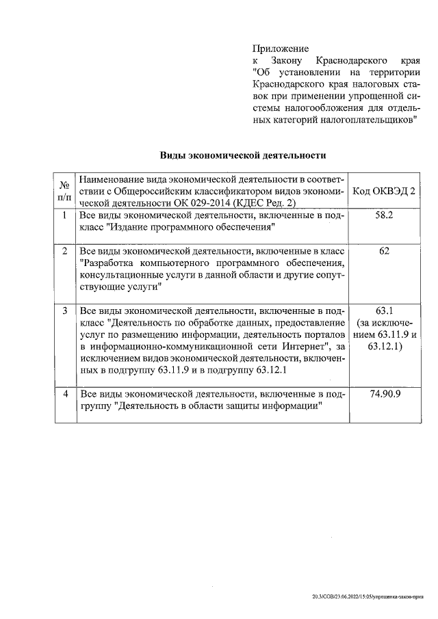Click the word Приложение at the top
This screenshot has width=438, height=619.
tap(281, 49)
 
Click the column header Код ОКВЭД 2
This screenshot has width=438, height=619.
tap(384, 191)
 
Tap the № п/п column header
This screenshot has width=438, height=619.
tap(64, 191)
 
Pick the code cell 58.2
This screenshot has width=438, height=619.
tap(384, 215)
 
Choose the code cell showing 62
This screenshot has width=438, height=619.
tap(384, 251)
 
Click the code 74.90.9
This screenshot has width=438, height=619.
tap(384, 395)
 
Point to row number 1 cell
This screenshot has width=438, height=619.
tap(64, 215)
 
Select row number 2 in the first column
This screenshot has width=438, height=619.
tap(64, 251)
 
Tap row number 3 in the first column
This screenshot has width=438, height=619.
tap(64, 311)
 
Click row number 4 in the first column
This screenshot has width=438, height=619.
tap(64, 395)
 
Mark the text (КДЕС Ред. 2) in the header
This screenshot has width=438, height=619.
tap(265, 203)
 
